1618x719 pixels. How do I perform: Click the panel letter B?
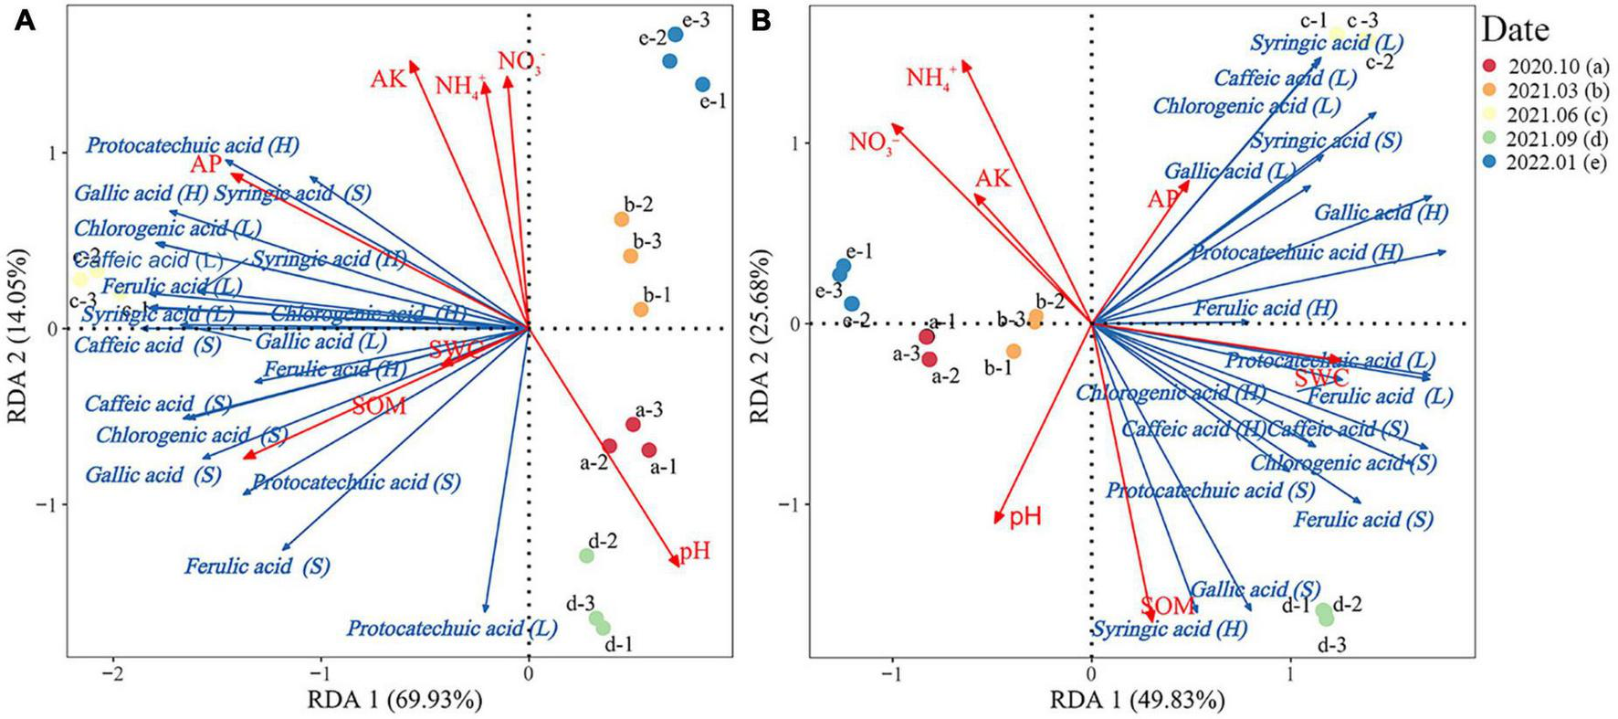[761, 21]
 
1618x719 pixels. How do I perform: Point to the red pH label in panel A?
[694, 552]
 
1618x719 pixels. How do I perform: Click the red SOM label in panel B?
[1167, 606]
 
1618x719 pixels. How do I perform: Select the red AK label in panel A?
[388, 79]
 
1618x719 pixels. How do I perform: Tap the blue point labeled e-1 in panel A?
[702, 85]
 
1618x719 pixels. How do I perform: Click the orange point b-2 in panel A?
[621, 219]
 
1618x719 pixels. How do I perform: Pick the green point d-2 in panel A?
[586, 555]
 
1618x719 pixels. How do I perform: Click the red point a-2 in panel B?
[930, 359]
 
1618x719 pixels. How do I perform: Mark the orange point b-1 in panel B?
[1013, 351]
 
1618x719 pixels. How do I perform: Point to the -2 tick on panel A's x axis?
[113, 674]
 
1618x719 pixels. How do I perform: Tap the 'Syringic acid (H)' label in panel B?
[1169, 629]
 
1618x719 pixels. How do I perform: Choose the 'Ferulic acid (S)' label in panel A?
[257, 566]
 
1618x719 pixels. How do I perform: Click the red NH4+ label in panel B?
[931, 78]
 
